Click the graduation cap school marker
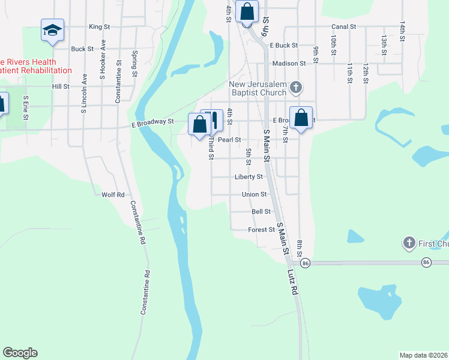click(53, 29)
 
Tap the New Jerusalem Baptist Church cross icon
click(295, 88)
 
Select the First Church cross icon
click(409, 243)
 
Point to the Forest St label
click(261, 230)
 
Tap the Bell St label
click(261, 212)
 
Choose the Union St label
click(254, 194)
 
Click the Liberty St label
click(249, 177)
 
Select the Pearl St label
click(229, 140)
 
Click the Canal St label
click(344, 27)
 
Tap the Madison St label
click(289, 63)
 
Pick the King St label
click(100, 27)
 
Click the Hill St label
click(61, 86)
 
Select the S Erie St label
click(25, 107)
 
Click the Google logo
click(20, 353)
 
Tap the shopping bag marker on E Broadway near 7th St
click(301, 117)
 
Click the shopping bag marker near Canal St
click(247, 11)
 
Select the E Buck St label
click(284, 46)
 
